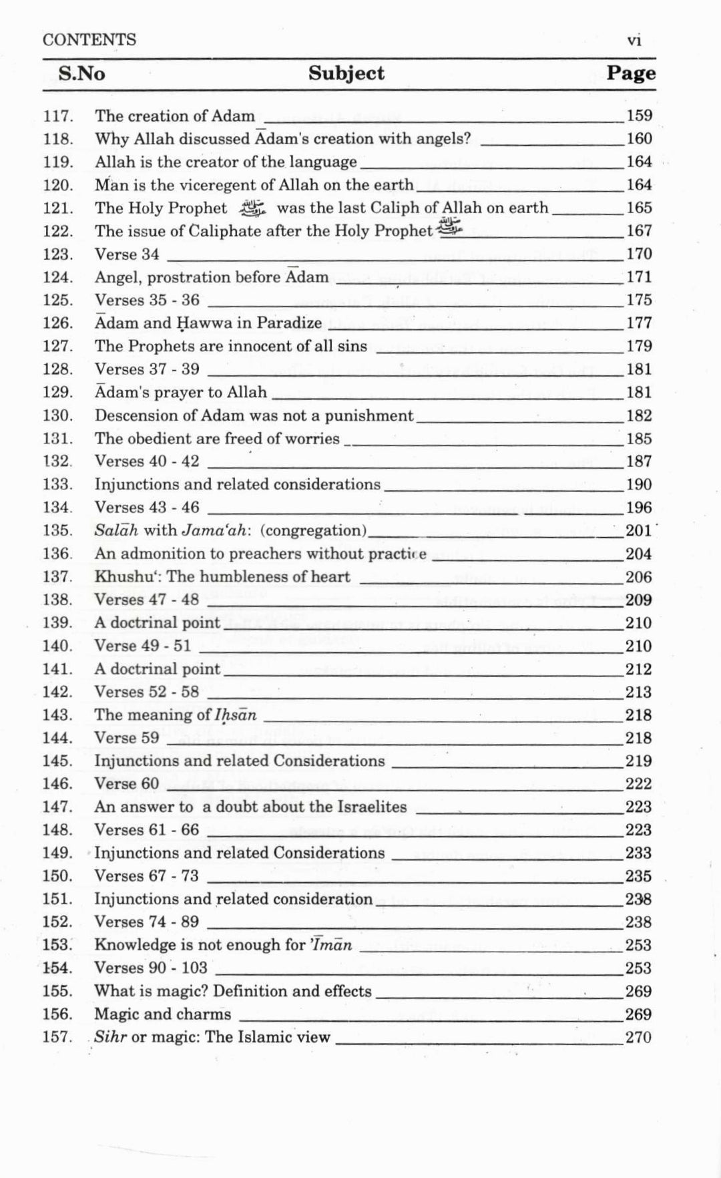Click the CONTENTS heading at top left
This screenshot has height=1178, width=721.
click(89, 40)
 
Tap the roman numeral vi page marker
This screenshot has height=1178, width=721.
click(634, 41)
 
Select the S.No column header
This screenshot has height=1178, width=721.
click(81, 73)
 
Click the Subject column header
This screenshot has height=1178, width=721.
click(346, 73)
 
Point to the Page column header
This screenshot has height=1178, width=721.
click(630, 73)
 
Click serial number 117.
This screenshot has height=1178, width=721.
click(57, 116)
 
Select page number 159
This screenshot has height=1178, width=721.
click(639, 116)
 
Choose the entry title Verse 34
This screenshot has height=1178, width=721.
click(127, 254)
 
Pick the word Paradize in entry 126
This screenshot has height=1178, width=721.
click(289, 323)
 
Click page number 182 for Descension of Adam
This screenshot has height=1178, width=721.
click(639, 415)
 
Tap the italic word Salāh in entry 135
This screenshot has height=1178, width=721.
click(116, 530)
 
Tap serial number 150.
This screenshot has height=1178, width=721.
click(57, 876)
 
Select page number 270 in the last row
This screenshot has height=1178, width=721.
click(638, 1037)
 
